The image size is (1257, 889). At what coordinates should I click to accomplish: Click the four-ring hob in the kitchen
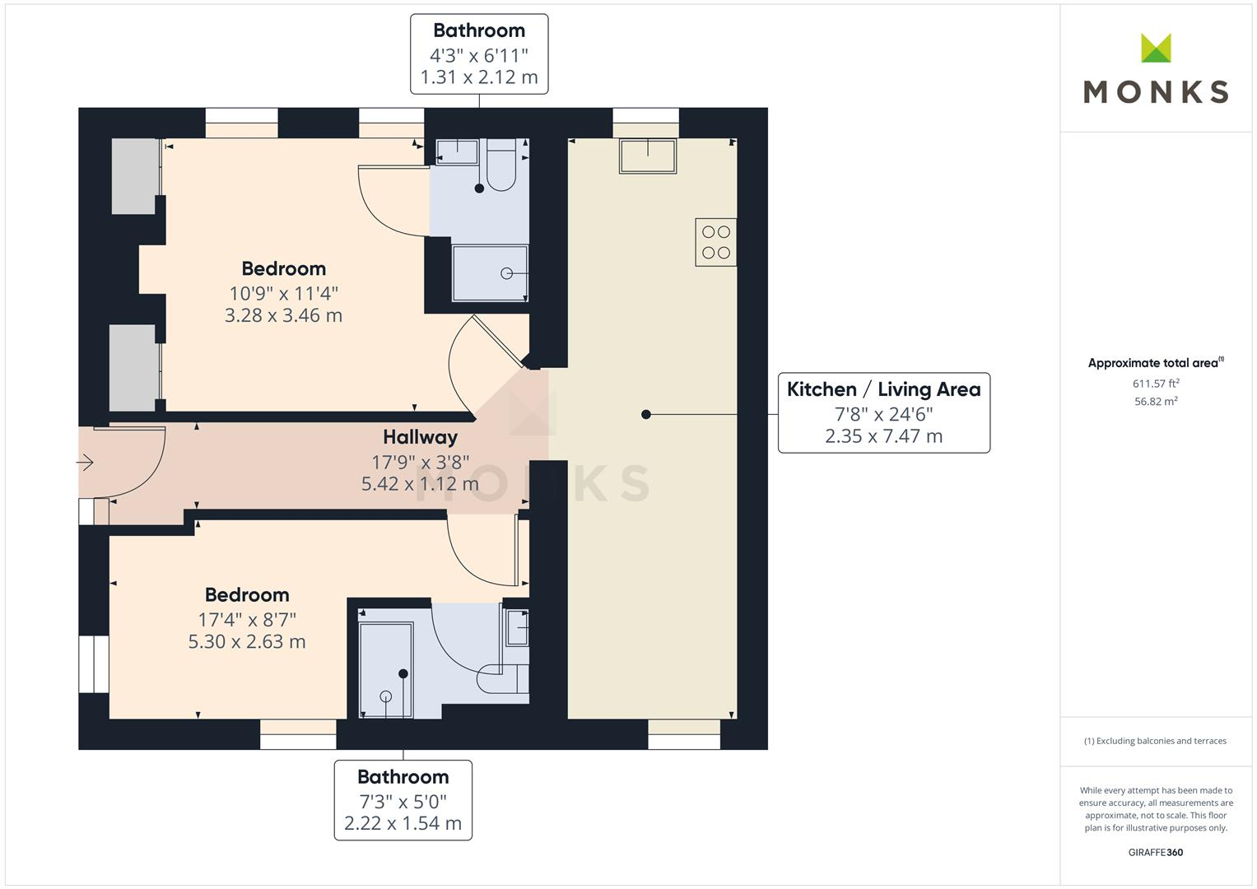(715, 242)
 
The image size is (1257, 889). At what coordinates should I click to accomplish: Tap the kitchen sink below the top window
(648, 156)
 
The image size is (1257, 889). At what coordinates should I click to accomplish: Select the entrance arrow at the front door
(85, 463)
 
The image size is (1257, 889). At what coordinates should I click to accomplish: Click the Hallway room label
(421, 437)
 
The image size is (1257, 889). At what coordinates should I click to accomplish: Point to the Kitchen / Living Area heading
(884, 389)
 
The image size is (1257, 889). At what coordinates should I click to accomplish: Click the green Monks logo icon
(1156, 48)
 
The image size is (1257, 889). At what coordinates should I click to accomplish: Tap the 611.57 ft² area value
(1156, 384)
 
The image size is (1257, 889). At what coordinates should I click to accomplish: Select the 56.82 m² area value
(1156, 402)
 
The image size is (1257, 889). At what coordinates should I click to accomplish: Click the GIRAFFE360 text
(1156, 853)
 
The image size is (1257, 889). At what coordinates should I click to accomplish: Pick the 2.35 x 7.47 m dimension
(884, 436)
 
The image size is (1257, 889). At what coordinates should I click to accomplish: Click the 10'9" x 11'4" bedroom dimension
(284, 294)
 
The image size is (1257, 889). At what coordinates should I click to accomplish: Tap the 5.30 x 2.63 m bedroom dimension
(247, 641)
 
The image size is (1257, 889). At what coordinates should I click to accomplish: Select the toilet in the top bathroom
(501, 165)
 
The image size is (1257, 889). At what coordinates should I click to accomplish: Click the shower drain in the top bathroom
(506, 274)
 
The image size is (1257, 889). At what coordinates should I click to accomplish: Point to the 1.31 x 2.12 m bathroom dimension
(479, 77)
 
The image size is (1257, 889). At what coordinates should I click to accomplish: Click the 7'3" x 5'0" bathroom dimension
(403, 802)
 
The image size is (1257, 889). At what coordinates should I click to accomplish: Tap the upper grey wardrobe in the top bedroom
(135, 176)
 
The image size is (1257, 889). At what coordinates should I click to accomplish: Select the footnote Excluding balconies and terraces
(1156, 741)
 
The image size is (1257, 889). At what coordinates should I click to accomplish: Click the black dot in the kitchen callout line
(646, 414)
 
